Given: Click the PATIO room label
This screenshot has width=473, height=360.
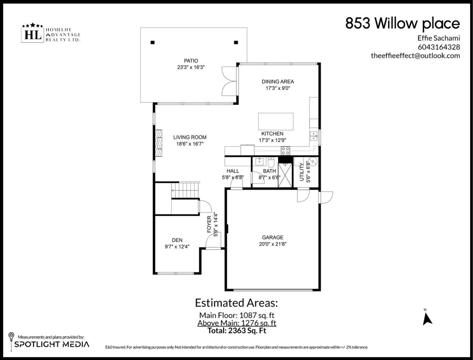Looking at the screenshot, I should [x=191, y=61].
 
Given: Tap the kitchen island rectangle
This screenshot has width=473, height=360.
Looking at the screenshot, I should [x=276, y=121].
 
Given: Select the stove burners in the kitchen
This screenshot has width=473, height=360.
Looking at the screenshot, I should [x=285, y=150].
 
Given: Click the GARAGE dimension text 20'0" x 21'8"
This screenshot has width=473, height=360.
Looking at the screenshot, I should [x=272, y=244].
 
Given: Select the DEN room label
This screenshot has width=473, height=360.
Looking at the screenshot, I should [x=177, y=240].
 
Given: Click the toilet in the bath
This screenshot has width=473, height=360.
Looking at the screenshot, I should [x=271, y=162].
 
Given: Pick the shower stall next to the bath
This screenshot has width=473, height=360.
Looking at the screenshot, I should [x=285, y=175].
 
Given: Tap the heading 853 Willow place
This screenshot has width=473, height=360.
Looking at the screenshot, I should [x=402, y=24].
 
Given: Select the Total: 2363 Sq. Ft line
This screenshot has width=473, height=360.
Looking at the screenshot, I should [x=236, y=331].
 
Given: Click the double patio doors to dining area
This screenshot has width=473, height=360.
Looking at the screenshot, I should [x=229, y=81].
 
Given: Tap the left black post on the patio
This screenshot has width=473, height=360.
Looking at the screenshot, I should [x=153, y=43].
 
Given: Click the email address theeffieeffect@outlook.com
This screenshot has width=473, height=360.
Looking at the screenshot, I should [x=415, y=56].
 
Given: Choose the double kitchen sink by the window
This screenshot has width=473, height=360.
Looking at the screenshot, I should [x=314, y=136].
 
